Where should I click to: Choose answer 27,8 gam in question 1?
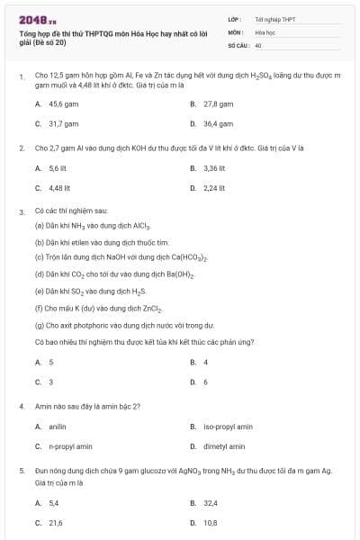pos(219,104)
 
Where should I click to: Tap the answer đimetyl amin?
pos(224,445)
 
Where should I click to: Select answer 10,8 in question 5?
pos(211,522)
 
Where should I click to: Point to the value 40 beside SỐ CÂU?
pos(258,44)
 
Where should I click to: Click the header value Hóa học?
pos(265,31)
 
